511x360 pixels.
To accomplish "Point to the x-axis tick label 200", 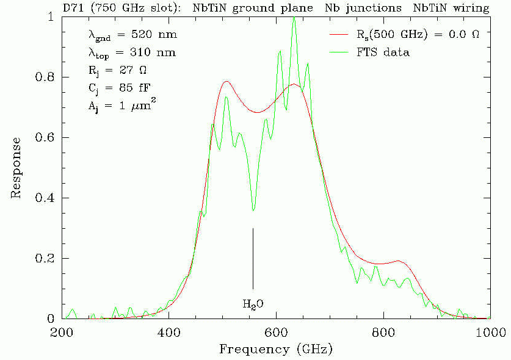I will point(62,333).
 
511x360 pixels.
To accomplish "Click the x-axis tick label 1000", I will point(488,333).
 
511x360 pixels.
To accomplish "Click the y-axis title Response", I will point(16,168).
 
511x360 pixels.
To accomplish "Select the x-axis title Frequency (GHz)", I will point(276,349).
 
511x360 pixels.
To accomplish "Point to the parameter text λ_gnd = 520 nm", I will point(131,35).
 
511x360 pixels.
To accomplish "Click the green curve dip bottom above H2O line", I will point(253,211).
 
